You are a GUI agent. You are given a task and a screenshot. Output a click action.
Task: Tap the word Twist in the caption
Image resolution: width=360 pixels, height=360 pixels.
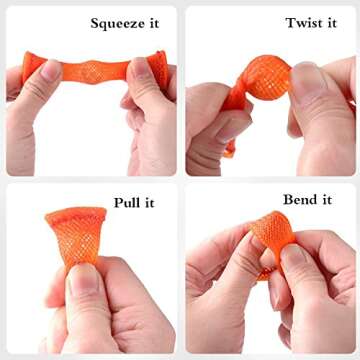point(301,23)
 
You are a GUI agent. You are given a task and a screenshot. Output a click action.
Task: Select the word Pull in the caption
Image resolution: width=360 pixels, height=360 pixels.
point(125,202)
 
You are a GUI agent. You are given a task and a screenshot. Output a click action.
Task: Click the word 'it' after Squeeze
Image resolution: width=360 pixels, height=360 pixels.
point(154,23)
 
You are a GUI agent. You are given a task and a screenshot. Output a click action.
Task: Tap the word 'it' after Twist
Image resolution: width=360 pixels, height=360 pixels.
point(330,23)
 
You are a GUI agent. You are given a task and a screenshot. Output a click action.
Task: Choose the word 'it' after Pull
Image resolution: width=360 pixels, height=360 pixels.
point(148,202)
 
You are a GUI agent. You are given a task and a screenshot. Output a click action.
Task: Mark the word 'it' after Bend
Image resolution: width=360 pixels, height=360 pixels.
point(326,200)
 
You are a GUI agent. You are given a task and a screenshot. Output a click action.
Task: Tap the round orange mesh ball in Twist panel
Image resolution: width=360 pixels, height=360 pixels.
point(266,78)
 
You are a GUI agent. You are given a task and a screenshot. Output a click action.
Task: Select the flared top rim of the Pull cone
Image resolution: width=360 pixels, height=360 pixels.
point(76,213)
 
